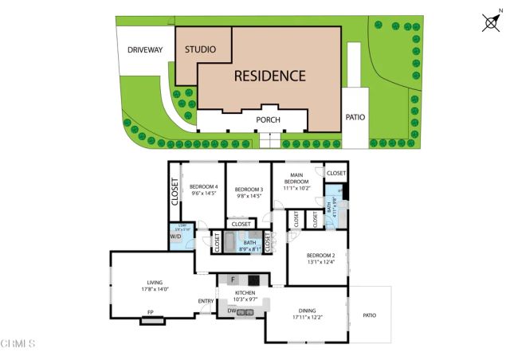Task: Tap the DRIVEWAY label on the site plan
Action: [144, 50]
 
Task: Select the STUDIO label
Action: [200, 49]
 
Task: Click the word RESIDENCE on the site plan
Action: [269, 76]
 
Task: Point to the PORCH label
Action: [268, 120]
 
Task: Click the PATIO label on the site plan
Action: [355, 117]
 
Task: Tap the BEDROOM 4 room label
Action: [204, 190]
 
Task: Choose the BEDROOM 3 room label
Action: [249, 192]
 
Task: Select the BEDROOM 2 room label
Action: [316, 258]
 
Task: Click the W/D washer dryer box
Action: [175, 237]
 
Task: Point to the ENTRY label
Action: [206, 300]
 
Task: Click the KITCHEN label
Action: [245, 295]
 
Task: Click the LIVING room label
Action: [155, 284]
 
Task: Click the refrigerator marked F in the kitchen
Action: [233, 280]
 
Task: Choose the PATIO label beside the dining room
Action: [370, 315]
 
